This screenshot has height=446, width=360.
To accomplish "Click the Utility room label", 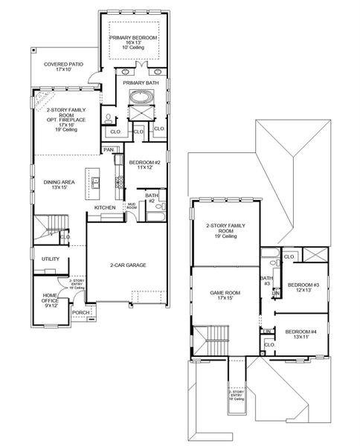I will click(50, 259).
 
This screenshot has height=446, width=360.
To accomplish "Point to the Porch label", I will click(80, 313).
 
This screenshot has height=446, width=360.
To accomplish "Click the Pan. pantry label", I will click(109, 150).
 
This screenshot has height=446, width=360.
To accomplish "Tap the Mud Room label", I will click(131, 205).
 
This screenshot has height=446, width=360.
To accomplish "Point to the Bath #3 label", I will click(266, 281).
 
